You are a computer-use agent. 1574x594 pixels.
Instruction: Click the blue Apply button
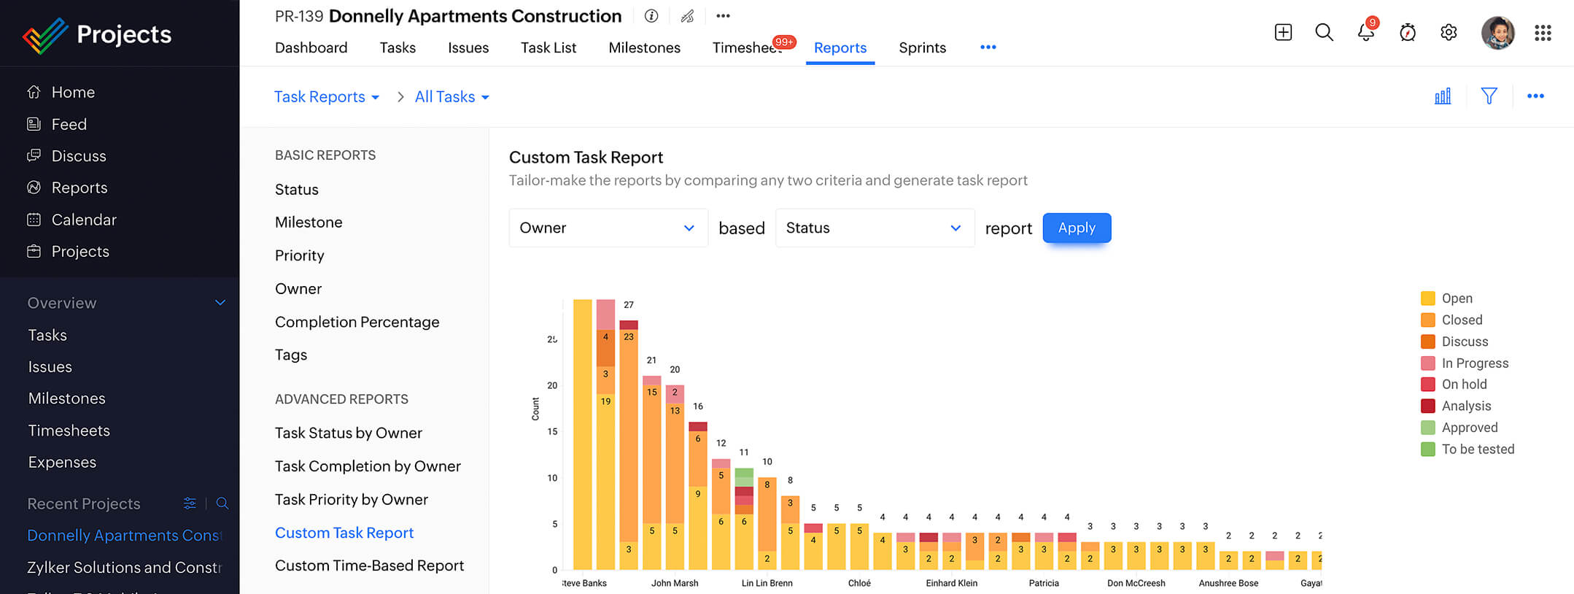coord(1077,228)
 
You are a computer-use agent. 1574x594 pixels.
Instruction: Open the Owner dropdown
coord(608,228)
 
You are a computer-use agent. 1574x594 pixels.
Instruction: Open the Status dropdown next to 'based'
coord(874,228)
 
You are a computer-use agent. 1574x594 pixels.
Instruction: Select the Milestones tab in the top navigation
coord(644,47)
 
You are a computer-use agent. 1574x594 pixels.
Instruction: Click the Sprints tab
coord(922,47)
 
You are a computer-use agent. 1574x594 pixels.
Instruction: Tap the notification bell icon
coord(1365,33)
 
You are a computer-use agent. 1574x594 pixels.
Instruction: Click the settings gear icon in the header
coord(1449,33)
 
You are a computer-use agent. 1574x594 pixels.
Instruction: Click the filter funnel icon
coord(1489,96)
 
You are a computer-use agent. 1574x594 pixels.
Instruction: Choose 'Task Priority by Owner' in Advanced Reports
coord(351,499)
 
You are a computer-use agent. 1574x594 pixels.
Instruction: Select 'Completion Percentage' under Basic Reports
coord(357,322)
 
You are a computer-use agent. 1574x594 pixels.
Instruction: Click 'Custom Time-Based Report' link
coord(369,566)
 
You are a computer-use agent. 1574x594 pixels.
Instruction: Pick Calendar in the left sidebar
coord(83,220)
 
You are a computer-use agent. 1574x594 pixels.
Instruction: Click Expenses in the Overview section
coord(62,462)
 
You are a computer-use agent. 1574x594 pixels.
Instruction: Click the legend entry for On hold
coord(1463,385)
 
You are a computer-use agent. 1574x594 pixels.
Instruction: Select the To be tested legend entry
coord(1477,450)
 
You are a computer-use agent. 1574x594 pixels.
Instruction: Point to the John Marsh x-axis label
coord(674,583)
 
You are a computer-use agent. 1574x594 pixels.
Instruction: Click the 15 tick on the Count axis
coord(552,431)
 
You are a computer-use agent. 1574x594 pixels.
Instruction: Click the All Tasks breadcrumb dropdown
coord(451,97)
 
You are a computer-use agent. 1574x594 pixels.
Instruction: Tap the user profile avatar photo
coord(1497,33)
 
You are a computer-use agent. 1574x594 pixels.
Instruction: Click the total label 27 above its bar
coord(629,305)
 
